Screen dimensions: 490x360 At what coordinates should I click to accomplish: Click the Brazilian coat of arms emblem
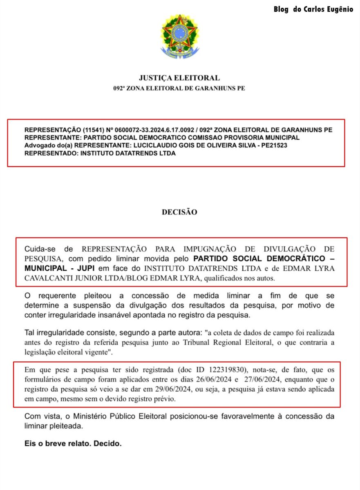[180, 37]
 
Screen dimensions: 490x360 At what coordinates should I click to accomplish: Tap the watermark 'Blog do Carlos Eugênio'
[313, 9]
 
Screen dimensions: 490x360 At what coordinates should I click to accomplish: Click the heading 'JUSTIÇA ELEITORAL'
[179, 78]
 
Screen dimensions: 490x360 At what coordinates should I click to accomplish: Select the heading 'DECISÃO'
[179, 212]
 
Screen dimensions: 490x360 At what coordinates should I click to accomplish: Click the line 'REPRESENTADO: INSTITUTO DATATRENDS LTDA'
[100, 154]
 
